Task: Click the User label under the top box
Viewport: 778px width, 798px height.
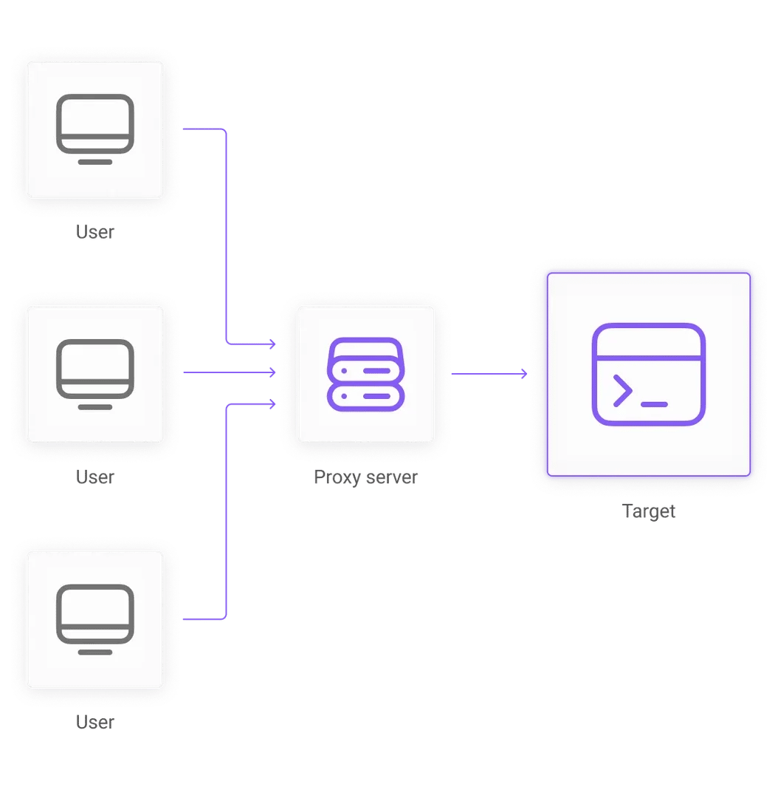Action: [x=96, y=232]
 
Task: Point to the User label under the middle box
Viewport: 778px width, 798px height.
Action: [x=96, y=477]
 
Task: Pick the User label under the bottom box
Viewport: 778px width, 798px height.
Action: [x=96, y=721]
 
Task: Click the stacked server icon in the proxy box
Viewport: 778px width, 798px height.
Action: [x=365, y=374]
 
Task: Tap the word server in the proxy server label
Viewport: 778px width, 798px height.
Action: [x=391, y=477]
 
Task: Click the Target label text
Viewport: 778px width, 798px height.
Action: [x=649, y=511]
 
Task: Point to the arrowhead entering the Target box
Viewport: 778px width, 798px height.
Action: [x=524, y=375]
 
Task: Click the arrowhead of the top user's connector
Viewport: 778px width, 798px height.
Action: [x=272, y=344]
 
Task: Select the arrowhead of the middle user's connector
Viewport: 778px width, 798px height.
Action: [x=272, y=373]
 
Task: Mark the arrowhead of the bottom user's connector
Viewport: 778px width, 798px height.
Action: [x=272, y=404]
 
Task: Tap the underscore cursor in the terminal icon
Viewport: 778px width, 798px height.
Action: [x=654, y=404]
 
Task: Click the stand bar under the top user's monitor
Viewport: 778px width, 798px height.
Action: [x=95, y=162]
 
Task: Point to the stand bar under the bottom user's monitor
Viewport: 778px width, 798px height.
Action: [x=95, y=652]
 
